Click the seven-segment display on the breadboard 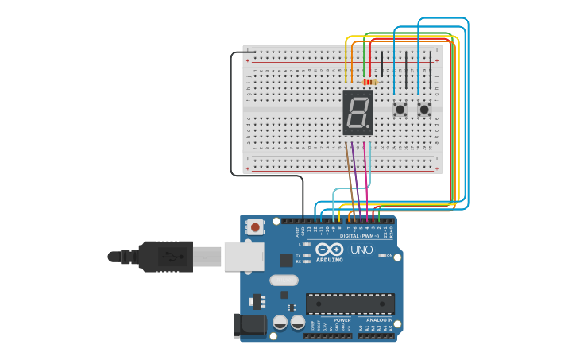click(358, 112)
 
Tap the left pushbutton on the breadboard click(400, 109)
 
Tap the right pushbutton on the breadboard click(424, 109)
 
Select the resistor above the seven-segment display click(369, 82)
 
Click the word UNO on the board click(361, 250)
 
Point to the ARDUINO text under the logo click(329, 260)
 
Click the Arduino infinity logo click(329, 250)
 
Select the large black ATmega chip click(350, 304)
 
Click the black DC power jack click(248, 326)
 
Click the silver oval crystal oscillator click(284, 280)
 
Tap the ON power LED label click(391, 256)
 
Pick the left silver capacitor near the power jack click(280, 322)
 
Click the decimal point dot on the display click(368, 126)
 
